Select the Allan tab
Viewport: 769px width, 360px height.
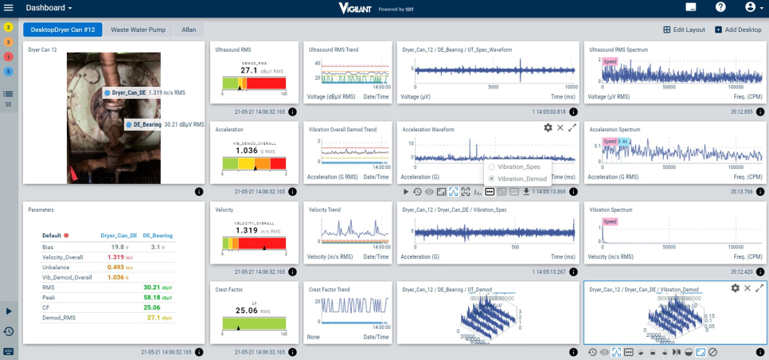(x=189, y=29)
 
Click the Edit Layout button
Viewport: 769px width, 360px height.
(x=684, y=29)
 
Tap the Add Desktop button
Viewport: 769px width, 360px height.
(x=738, y=29)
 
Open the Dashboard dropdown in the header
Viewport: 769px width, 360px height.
(x=49, y=7)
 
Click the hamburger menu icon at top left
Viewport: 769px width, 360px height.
(x=9, y=7)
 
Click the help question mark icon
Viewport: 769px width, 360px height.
(x=720, y=7)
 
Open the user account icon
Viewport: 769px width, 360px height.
(x=751, y=7)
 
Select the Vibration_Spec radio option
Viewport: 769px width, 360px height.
(x=492, y=167)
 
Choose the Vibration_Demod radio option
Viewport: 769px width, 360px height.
(x=492, y=178)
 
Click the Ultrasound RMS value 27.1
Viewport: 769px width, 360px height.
(x=248, y=70)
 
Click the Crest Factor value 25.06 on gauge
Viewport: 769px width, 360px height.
(x=248, y=310)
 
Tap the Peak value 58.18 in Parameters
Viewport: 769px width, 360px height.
(x=152, y=297)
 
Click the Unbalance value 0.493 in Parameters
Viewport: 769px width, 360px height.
(x=116, y=267)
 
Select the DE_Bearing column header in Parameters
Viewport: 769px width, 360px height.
(x=158, y=236)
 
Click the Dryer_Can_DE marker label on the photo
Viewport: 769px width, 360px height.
(x=128, y=93)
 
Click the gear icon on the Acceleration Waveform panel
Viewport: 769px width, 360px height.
(x=548, y=127)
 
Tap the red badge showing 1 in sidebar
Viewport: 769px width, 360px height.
(x=8, y=57)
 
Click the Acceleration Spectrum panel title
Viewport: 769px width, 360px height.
(x=615, y=129)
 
